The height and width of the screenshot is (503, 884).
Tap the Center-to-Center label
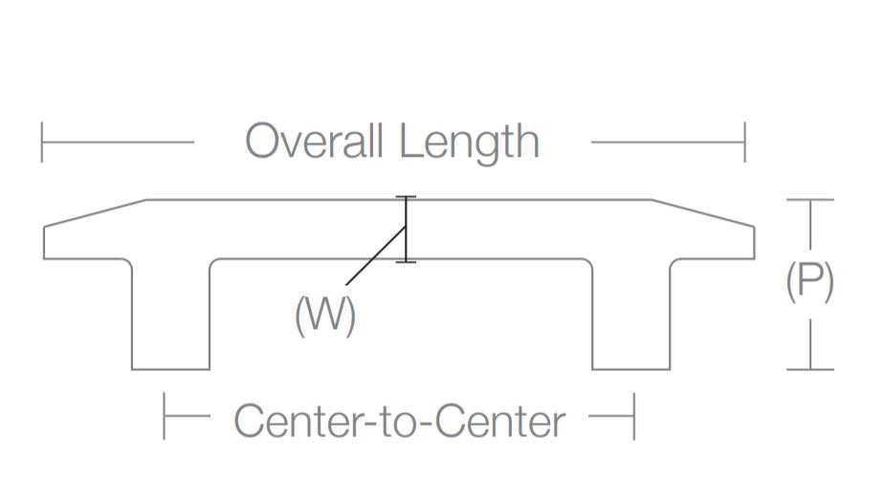(x=399, y=421)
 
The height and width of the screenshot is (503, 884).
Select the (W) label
(x=325, y=316)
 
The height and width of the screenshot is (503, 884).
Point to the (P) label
(x=809, y=282)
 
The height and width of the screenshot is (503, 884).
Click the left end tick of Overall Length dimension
(x=42, y=142)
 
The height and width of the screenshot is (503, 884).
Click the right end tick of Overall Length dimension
(x=744, y=142)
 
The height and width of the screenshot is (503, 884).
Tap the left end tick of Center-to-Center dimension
(x=165, y=416)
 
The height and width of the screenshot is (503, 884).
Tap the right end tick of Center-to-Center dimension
(x=633, y=416)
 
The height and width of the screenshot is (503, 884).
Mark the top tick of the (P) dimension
(x=809, y=200)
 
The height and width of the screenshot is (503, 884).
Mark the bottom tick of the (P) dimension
(x=809, y=368)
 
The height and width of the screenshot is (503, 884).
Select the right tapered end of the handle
(x=704, y=230)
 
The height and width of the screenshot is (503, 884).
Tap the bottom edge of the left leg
(x=170, y=368)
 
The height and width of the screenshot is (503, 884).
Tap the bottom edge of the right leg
(x=630, y=368)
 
